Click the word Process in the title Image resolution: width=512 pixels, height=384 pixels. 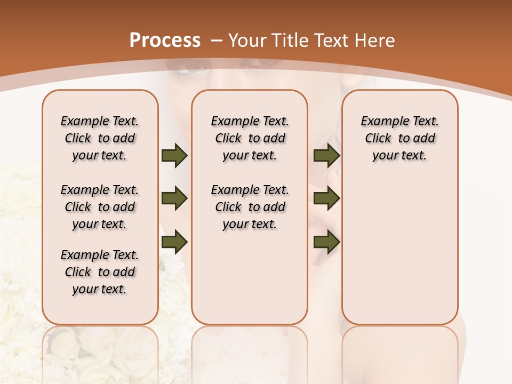point(165,40)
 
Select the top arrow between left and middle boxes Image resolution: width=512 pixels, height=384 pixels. point(174,156)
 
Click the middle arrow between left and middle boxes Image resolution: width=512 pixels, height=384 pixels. point(174,199)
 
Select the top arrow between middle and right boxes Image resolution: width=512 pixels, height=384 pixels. point(326,156)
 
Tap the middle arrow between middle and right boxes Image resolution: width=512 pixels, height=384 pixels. point(326,199)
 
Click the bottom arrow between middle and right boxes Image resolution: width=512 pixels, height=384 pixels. point(326,242)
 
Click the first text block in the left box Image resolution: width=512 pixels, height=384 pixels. point(100,138)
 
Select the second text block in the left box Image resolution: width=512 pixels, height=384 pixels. point(100,207)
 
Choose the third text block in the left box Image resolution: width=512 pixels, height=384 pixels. point(100,272)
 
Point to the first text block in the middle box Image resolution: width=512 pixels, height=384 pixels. point(250,138)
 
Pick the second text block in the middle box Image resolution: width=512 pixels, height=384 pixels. point(250,207)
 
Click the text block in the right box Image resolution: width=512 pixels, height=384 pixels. point(399,138)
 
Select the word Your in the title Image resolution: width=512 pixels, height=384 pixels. point(247,41)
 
